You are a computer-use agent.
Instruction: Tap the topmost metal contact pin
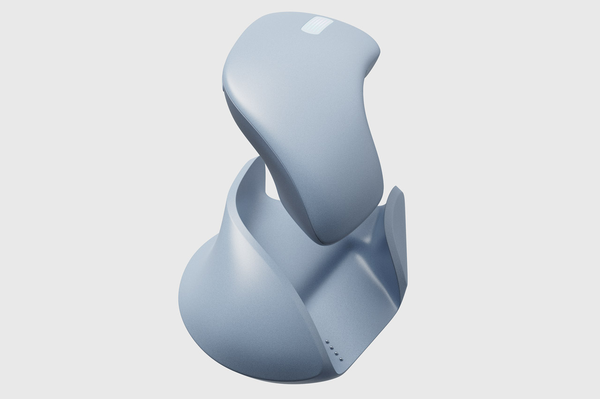pyautogui.click(x=327, y=338)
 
